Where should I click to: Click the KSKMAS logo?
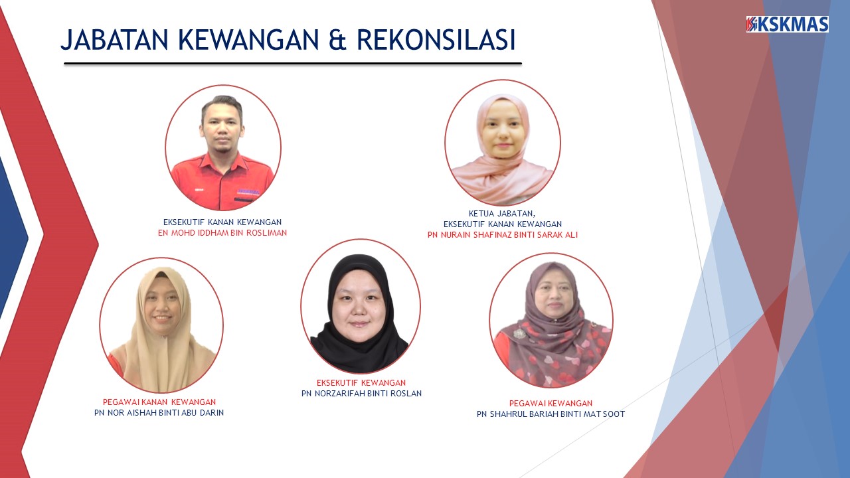pos(788,25)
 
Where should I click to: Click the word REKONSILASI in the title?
pos(436,39)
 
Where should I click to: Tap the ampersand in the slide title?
pos(337,40)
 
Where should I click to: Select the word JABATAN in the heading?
pos(114,39)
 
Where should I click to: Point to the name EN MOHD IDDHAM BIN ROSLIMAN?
pos(222,233)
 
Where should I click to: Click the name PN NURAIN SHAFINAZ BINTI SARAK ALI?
pos(503,235)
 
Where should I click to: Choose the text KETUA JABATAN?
pos(502,214)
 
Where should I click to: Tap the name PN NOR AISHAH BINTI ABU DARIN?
pos(159,412)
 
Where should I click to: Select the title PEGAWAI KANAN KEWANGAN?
pos(159,402)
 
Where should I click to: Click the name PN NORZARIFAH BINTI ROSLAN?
pos(362,394)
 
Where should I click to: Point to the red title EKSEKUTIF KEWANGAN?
pos(361,383)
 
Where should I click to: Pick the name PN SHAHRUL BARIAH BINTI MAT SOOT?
pos(551,414)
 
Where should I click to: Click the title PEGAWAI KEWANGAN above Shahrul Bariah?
pos(551,403)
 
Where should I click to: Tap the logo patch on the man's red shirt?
pos(248,192)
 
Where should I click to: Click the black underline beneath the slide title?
pos(293,64)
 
